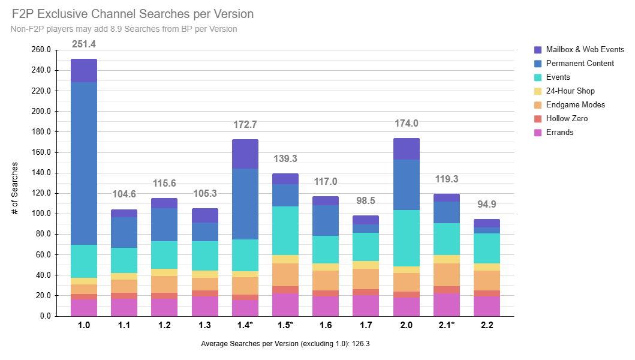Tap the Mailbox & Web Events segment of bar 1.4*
pos(245,154)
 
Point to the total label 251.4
pos(84,44)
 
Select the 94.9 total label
pos(487,205)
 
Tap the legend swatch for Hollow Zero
pos(538,119)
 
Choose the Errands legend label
pos(560,133)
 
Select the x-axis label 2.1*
pos(447,326)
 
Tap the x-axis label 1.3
pos(204,326)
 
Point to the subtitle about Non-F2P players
pos(124,29)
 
